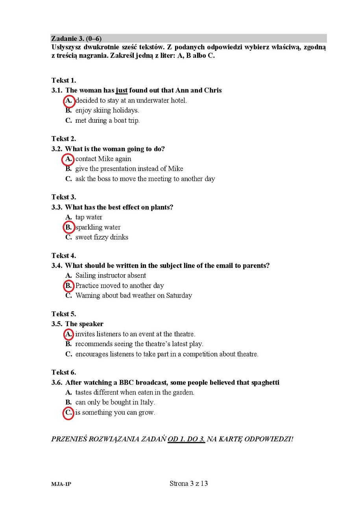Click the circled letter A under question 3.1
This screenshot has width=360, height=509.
coord(69,101)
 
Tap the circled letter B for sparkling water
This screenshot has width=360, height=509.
coord(69,227)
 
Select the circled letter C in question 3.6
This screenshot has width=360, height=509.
coord(68,413)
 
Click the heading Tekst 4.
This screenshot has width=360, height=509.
coord(64,256)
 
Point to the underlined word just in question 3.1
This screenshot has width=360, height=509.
coord(122,90)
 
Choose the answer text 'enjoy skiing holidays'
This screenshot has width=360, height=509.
coord(107,111)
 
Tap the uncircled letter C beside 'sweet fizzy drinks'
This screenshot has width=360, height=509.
coord(68,237)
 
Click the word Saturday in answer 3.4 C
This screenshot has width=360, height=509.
coord(179,295)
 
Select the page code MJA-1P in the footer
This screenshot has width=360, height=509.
coord(61,484)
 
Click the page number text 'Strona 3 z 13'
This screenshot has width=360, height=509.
coord(188,483)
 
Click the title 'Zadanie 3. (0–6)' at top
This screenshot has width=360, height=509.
coord(76,39)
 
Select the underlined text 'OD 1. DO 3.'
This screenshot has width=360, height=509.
coord(186,439)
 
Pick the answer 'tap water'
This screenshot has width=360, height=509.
coord(89,217)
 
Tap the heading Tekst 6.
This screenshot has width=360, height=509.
coord(64,372)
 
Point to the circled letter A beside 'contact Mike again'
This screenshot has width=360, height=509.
coord(69,159)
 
